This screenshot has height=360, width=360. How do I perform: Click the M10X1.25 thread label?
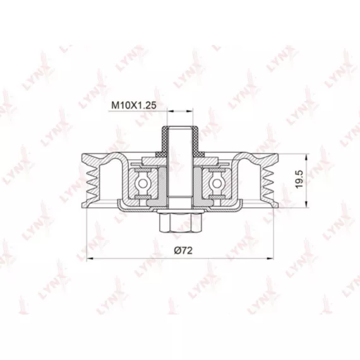pyautogui.click(x=134, y=105)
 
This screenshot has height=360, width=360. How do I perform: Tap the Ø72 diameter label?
pyautogui.click(x=183, y=250)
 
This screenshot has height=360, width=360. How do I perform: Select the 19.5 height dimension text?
pyautogui.click(x=299, y=179)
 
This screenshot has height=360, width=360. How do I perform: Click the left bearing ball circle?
pyautogui.click(x=143, y=183)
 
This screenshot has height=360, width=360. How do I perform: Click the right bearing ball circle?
pyautogui.click(x=216, y=183)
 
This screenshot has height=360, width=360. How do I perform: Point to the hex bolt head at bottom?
pyautogui.click(x=180, y=224)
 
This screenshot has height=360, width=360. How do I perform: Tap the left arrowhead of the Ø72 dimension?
pyautogui.click(x=90, y=259)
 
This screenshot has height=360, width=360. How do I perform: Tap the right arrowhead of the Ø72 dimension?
pyautogui.click(x=270, y=259)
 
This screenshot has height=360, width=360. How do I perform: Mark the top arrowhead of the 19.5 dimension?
pyautogui.click(x=306, y=157)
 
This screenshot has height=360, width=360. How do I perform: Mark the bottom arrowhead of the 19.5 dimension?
pyautogui.click(x=306, y=205)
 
